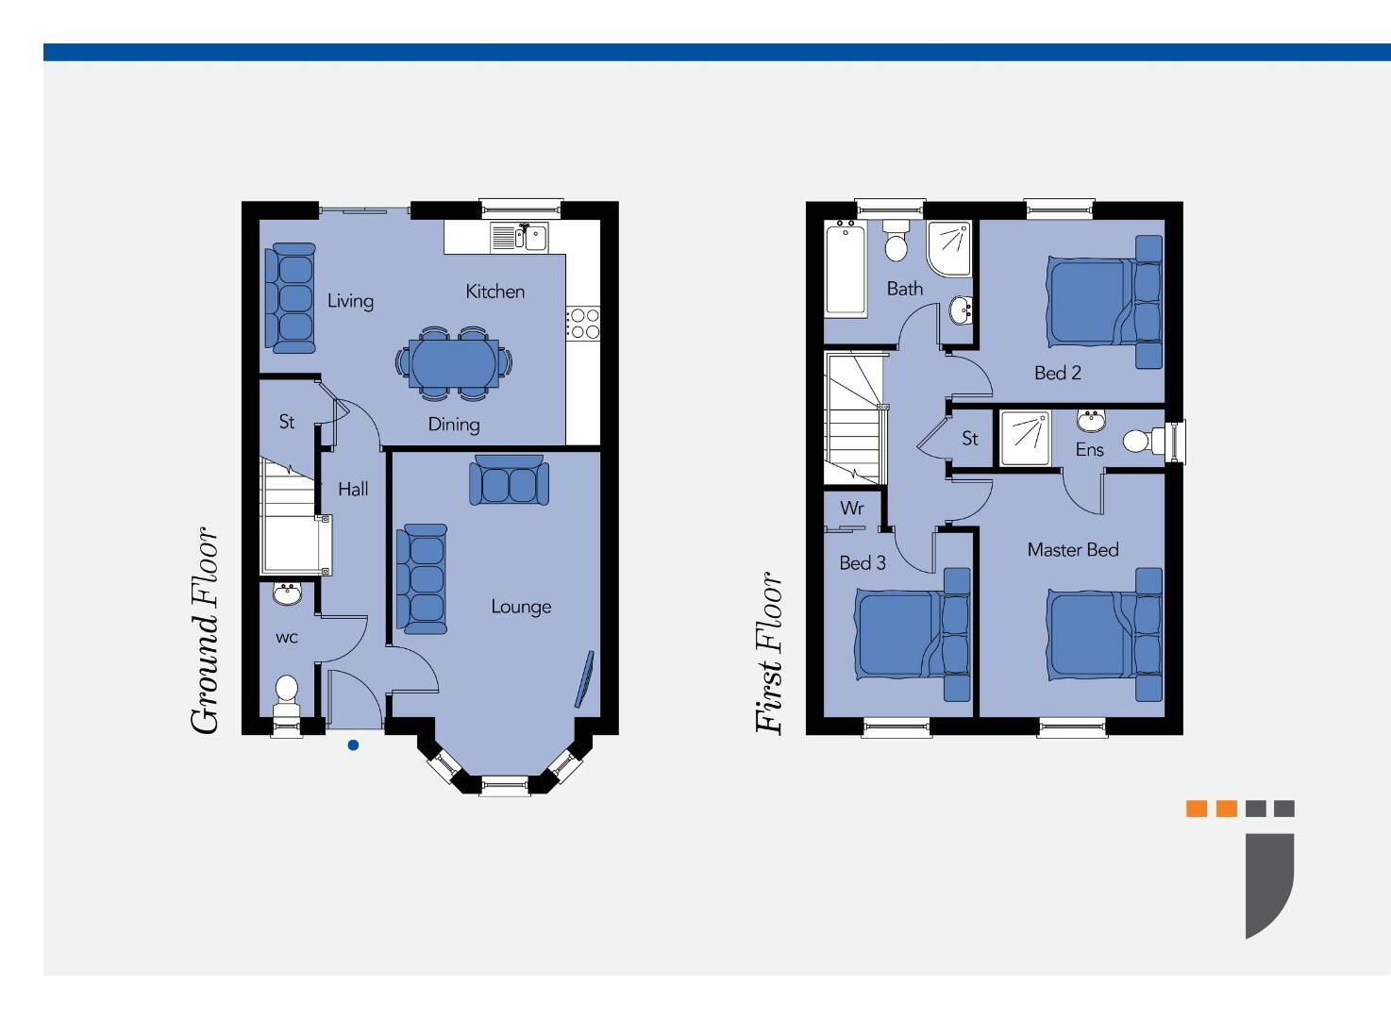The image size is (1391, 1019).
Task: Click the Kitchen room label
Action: click(494, 292)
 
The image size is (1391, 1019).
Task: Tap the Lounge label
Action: click(521, 606)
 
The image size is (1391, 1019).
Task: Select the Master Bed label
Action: click(1073, 549)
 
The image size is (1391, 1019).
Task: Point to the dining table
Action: click(454, 363)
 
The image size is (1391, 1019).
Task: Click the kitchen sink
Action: click(519, 237)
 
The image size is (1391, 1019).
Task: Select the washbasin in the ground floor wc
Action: click(287, 593)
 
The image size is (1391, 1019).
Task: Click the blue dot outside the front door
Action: click(353, 745)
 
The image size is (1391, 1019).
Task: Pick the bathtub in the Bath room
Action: click(846, 269)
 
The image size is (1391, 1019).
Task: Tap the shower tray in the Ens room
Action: click(1025, 438)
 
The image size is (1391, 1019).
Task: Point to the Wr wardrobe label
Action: click(851, 508)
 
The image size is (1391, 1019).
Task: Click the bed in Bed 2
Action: click(1104, 302)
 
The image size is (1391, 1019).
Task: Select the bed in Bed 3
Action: click(913, 635)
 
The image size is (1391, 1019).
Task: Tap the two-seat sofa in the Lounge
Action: click(510, 480)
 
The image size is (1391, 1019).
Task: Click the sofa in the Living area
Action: click(291, 298)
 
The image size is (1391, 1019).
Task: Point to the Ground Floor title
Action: click(204, 631)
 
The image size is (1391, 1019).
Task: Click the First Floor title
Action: click(769, 652)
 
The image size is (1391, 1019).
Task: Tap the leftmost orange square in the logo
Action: click(1197, 809)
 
